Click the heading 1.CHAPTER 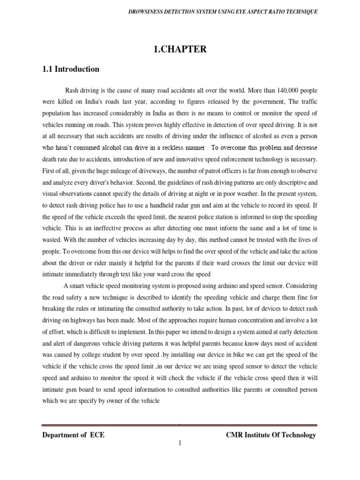[x=180, y=49]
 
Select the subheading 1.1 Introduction [x=71, y=69]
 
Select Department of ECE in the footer [x=74, y=435]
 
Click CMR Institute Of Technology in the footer [x=271, y=435]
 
